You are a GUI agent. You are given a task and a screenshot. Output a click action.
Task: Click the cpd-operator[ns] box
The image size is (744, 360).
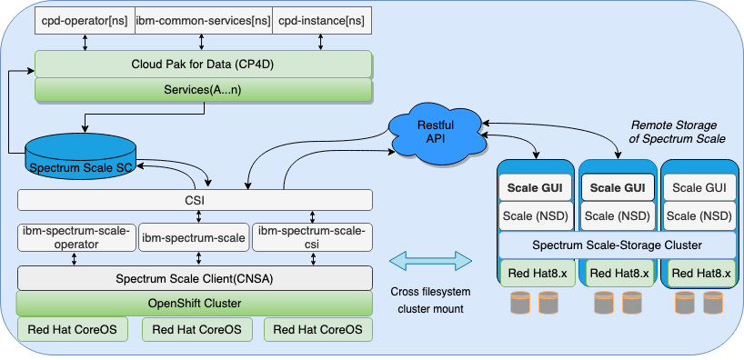(x=84, y=19)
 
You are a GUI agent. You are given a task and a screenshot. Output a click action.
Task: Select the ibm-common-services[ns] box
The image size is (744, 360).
(x=202, y=19)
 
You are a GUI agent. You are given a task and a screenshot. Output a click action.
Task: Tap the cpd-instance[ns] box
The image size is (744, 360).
(x=321, y=19)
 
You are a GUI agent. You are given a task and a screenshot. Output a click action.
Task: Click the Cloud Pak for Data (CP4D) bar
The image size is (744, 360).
(x=203, y=65)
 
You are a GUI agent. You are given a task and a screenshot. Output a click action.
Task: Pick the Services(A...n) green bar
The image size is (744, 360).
(x=203, y=90)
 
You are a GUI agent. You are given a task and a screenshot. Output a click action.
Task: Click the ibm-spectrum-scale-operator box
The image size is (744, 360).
(x=76, y=238)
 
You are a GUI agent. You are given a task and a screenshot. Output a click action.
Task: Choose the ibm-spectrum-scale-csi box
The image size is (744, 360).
(x=312, y=238)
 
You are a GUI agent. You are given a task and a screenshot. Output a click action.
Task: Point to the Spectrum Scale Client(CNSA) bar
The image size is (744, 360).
(x=196, y=277)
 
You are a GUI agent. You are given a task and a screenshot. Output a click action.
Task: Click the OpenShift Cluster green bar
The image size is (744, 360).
(x=196, y=303)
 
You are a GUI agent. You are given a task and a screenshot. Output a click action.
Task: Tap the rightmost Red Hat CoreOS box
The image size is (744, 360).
(x=317, y=329)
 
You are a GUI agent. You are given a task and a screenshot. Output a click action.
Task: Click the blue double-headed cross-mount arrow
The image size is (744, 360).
(x=431, y=261)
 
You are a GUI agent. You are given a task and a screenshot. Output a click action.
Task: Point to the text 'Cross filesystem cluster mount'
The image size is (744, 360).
(x=432, y=299)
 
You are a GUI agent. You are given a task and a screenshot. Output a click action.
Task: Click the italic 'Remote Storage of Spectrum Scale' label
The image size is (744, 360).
(x=678, y=131)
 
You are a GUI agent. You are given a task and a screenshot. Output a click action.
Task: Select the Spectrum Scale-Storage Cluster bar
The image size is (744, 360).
(x=618, y=245)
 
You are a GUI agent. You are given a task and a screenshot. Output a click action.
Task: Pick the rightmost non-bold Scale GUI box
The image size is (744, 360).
(x=701, y=187)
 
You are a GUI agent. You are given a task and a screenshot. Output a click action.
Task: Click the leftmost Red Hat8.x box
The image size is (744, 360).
(x=537, y=273)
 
